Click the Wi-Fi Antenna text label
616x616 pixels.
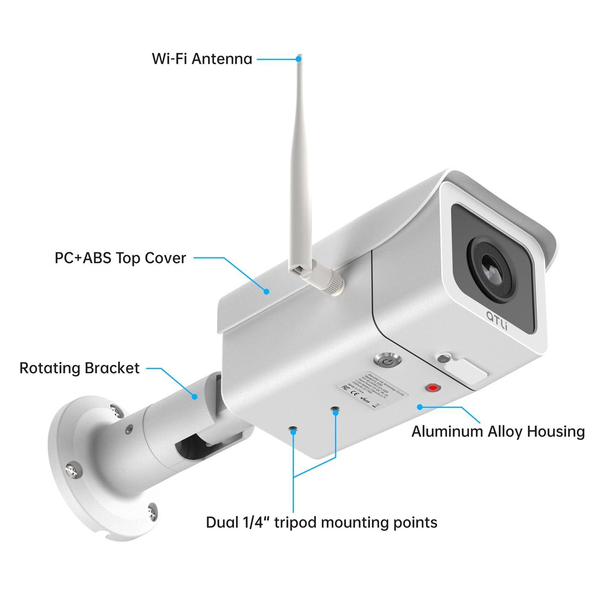202,59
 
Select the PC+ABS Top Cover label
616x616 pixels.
120,258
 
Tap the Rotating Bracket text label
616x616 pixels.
80,368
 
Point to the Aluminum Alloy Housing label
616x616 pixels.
498,432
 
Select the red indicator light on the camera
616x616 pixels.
432,387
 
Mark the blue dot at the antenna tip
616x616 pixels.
299,59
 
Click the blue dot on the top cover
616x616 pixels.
267,292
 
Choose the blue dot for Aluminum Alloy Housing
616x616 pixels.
419,407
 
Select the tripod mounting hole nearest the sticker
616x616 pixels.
336,409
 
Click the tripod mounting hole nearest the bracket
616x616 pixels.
293,430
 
